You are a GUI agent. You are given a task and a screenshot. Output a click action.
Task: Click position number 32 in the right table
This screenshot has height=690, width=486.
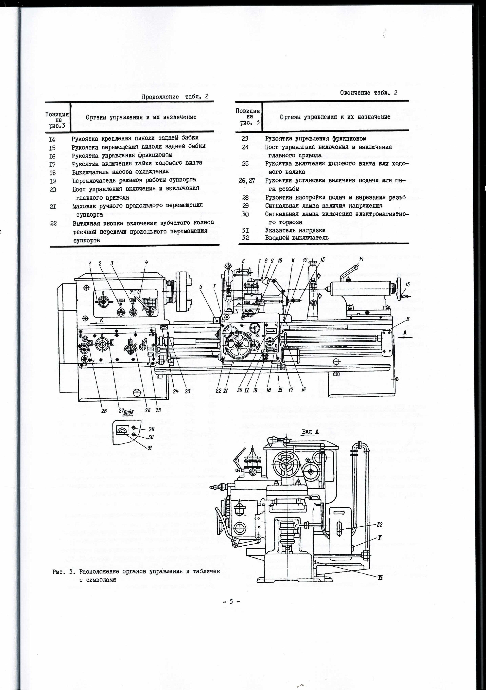coord(245,237)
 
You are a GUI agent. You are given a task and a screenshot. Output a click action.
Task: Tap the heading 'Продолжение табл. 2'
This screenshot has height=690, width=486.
coord(175,97)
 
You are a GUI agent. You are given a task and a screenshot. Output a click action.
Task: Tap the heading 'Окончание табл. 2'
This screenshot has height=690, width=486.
coord(369,93)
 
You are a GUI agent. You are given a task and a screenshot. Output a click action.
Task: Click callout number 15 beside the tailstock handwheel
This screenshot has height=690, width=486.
coord(407,284)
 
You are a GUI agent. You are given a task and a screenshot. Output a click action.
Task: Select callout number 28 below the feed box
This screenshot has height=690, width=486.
coord(104,410)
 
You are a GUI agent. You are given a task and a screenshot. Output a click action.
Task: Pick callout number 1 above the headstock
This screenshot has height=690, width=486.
coord(90,263)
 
